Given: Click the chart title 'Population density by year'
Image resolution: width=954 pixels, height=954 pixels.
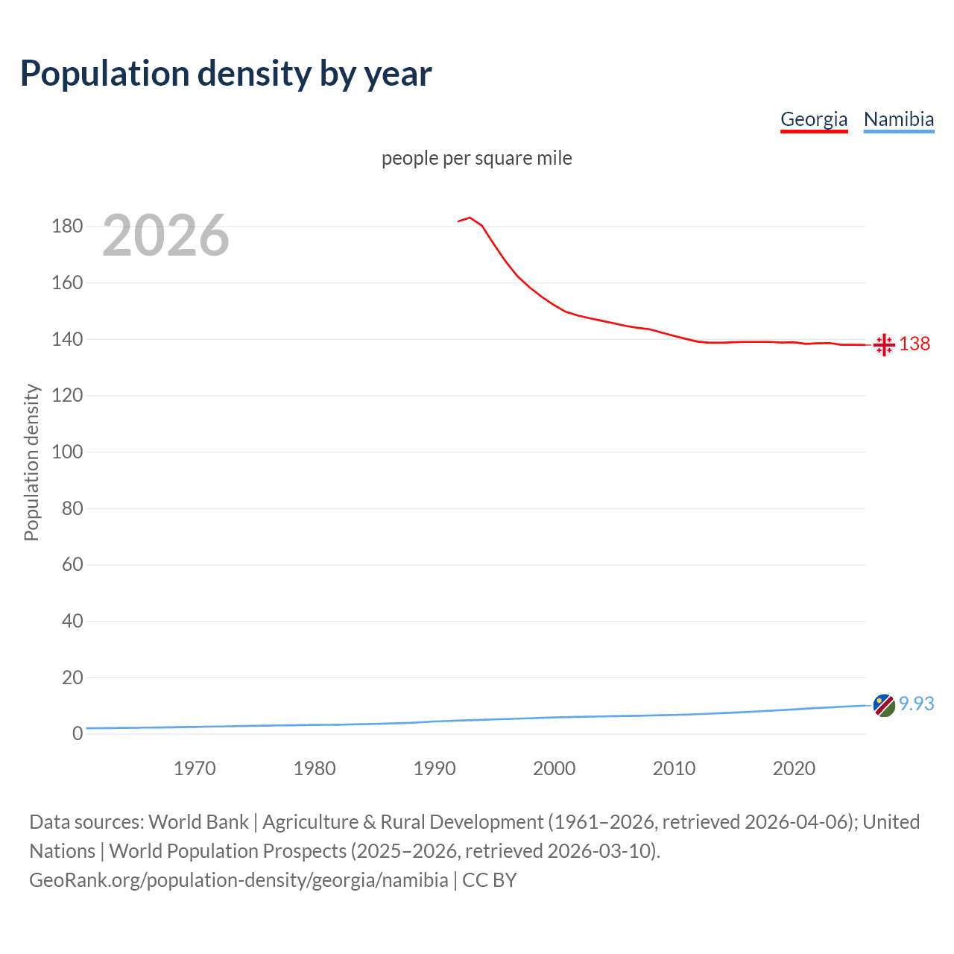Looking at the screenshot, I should click(x=226, y=74).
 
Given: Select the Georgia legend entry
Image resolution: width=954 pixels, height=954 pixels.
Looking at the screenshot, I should click(x=814, y=119).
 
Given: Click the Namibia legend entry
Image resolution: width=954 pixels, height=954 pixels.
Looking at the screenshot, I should click(x=898, y=119).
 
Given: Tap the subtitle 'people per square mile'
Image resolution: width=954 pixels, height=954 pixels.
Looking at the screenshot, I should click(x=476, y=159).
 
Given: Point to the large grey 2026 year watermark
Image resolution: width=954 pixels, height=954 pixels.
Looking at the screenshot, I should click(x=165, y=236).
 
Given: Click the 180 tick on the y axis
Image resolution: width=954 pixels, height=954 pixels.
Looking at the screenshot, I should click(x=67, y=226).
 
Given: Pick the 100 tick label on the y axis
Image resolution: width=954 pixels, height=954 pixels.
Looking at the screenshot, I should click(x=67, y=452).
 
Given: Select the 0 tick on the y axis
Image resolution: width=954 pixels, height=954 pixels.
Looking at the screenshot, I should click(x=78, y=733).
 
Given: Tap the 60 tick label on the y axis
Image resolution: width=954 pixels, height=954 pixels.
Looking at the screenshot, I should click(x=72, y=564).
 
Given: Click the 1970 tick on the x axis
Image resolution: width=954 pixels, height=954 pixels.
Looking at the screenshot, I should click(x=195, y=768).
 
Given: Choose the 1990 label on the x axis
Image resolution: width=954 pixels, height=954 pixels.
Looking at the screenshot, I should click(x=435, y=768).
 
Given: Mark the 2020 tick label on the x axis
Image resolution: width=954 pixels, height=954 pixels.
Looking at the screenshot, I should click(x=794, y=768).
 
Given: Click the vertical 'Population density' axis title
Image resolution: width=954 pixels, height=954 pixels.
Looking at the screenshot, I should click(x=31, y=462).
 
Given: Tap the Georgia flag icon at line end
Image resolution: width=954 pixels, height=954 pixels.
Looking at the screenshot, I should click(x=884, y=344).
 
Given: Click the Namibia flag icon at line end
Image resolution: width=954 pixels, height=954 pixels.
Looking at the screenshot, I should click(x=884, y=705).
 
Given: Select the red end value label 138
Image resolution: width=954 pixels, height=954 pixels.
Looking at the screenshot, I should click(x=914, y=344).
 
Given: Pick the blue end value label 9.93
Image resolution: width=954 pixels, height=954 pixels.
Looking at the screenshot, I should click(x=916, y=704).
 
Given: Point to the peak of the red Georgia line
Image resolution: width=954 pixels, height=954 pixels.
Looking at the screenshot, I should click(x=470, y=218).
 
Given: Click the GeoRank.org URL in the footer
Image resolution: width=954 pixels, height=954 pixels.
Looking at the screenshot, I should click(x=238, y=880).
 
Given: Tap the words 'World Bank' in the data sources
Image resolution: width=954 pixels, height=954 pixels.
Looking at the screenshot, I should click(x=198, y=822).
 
